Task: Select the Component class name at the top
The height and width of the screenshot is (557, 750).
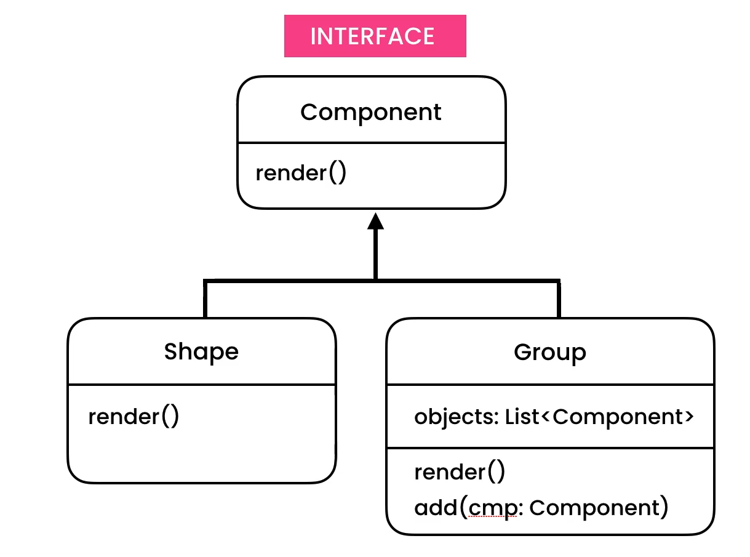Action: coord(370,112)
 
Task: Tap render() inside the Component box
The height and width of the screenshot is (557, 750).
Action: coord(301,173)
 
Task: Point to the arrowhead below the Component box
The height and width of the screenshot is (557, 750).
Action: coord(375,222)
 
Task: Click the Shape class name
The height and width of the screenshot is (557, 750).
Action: coord(201,351)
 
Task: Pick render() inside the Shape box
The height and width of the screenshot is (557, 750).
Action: coord(134,417)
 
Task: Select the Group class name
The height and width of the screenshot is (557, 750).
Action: coord(549,352)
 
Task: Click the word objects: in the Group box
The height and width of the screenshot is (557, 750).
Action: coord(455,417)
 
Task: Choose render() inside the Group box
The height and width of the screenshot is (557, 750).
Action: coord(460,472)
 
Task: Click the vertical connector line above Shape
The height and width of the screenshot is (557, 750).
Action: coord(205,300)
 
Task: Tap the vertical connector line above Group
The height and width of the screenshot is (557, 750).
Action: coord(558,300)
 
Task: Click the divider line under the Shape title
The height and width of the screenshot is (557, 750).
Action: coord(201,385)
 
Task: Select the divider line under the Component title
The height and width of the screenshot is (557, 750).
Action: coord(371,143)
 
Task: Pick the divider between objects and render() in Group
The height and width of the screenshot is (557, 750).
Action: coord(549,447)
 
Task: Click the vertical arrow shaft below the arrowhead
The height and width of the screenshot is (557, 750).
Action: coord(375,255)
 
